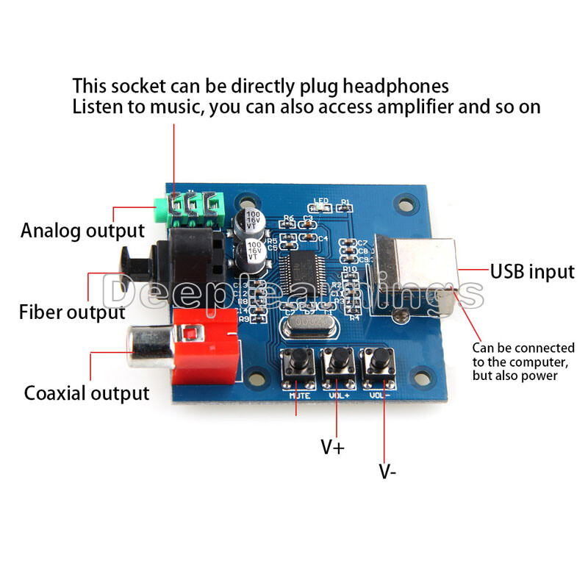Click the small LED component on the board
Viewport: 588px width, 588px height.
(x=322, y=208)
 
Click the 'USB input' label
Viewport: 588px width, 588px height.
(x=532, y=271)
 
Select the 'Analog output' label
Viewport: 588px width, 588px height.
(x=82, y=231)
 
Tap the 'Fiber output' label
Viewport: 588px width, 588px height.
(x=72, y=312)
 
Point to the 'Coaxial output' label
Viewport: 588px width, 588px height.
(x=87, y=392)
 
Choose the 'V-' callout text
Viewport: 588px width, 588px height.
(x=387, y=471)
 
